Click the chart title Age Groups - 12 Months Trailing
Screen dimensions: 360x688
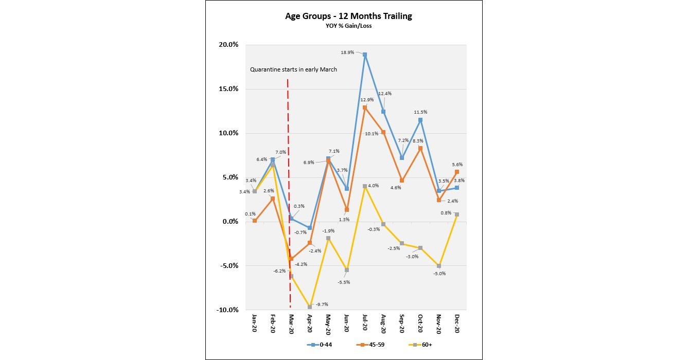tap(348, 16)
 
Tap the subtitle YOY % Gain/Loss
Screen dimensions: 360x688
tap(348, 26)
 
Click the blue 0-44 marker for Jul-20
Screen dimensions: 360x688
tap(365, 55)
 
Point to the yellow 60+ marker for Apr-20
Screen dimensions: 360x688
tap(310, 307)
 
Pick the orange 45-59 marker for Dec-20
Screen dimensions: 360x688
tap(457, 172)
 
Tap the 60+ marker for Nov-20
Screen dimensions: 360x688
tap(438, 266)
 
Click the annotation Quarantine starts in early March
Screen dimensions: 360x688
tap(293, 69)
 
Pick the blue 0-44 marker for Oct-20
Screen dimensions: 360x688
tap(420, 120)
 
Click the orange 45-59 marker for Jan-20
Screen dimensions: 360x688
tap(254, 221)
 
